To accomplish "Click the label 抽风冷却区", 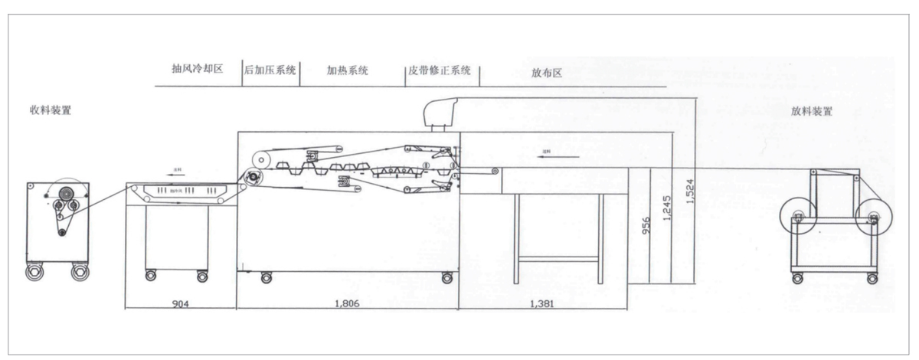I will pos(197,69).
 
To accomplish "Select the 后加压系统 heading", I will pos(270,70).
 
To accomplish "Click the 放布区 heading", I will pos(547,74).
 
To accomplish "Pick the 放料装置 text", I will pos(812,111).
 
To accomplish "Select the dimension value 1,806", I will pos(347,304).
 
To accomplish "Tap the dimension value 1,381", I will pos(542,304).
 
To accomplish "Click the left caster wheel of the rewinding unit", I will pos(34,273).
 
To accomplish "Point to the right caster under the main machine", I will pos(446,277).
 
